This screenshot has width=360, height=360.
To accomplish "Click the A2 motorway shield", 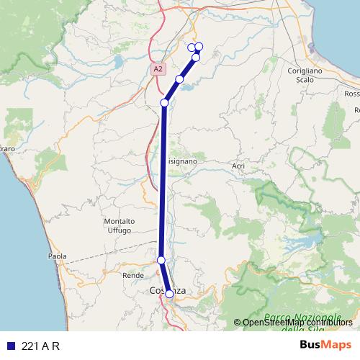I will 158,68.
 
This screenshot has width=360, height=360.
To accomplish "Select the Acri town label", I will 239,166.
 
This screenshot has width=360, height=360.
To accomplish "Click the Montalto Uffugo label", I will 119,225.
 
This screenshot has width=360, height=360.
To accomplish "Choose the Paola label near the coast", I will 57,256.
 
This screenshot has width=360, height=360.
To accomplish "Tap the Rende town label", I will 133,275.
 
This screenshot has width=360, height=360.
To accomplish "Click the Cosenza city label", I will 167,290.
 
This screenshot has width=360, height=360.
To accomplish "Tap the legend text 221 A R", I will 40,346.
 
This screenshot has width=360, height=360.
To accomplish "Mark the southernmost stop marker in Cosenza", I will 169,294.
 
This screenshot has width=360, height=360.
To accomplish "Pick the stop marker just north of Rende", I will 161,260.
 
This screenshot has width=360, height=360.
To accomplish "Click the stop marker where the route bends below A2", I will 164,103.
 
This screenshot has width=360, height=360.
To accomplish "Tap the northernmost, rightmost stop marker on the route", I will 199,47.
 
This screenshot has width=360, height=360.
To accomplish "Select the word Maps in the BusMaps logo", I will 336,346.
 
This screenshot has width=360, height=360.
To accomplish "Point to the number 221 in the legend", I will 30,346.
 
